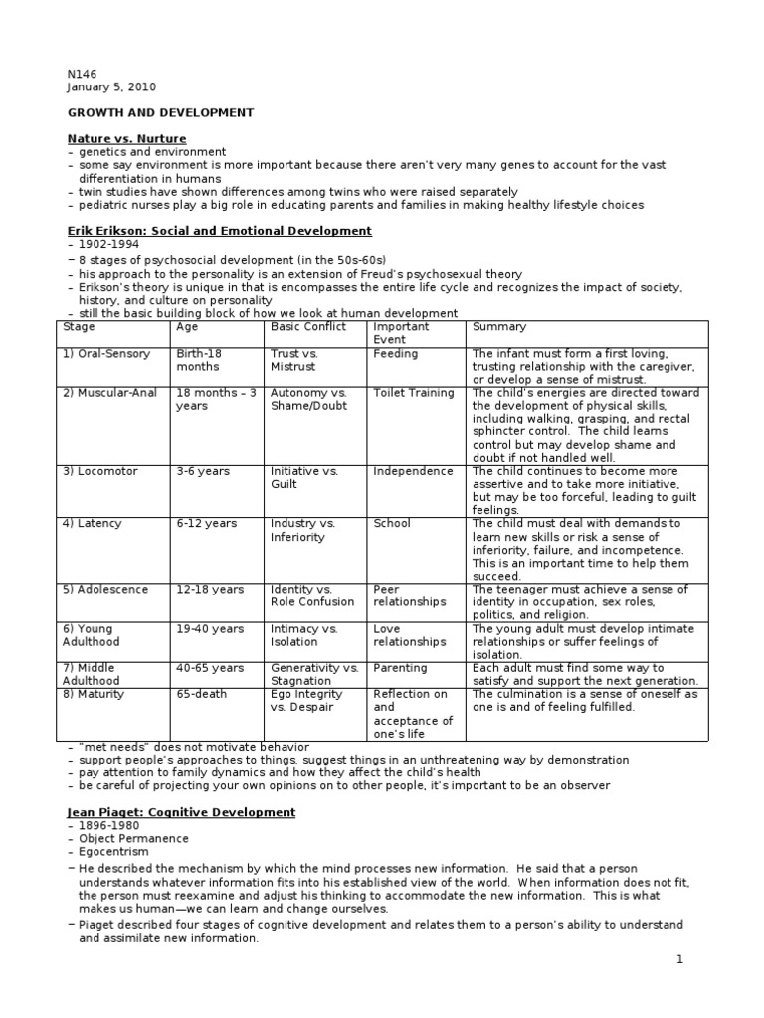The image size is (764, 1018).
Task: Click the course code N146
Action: coord(81,74)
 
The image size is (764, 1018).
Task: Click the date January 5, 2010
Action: coord(110,86)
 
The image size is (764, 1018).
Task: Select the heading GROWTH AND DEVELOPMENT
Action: coord(160,112)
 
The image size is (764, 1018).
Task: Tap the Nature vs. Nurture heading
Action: coord(126,138)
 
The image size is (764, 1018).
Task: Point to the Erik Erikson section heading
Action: coord(219,231)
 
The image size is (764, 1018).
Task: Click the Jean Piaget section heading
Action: coord(181,812)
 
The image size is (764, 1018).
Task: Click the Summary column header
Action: coord(499,327)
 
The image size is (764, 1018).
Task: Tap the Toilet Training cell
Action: coord(413,393)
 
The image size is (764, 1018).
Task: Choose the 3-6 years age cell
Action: coord(202,471)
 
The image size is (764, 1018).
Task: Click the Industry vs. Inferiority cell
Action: coord(303,530)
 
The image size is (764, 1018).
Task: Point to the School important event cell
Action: coord(392,524)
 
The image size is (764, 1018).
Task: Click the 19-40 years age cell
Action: coord(209,629)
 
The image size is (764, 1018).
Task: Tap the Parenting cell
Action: coord(400,668)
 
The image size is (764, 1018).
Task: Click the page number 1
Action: coord(679,961)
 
